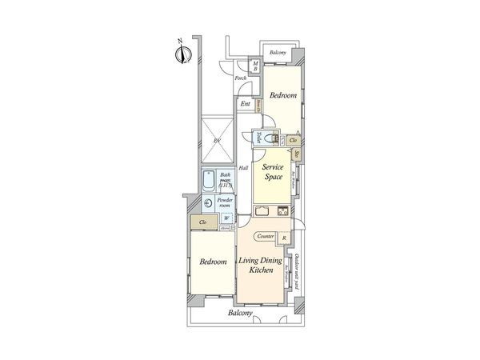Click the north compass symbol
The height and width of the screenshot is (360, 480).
coord(182,54)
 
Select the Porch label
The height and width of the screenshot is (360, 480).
coord(240,78)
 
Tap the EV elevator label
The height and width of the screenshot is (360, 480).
coord(215,142)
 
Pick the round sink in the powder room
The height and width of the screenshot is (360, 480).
coord(208,203)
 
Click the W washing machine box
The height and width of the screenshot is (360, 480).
coord(226,218)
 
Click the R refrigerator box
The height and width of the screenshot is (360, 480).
coord(285,237)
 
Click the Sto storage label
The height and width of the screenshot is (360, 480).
coord(297,154)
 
